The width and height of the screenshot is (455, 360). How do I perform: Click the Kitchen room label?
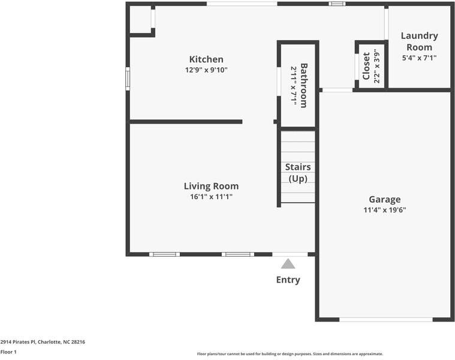pos(206,59)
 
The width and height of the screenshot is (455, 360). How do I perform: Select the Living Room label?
pos(211,186)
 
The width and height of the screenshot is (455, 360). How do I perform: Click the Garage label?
pos(384,199)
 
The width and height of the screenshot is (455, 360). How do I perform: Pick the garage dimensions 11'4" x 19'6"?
pos(384,210)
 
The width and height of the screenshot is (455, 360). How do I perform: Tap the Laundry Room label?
pos(419,41)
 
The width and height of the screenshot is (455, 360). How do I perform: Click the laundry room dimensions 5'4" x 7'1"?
pos(419,58)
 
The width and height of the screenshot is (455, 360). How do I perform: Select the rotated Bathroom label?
pos(304,85)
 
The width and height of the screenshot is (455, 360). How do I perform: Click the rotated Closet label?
pos(366,66)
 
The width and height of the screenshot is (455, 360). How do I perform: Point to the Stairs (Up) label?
pos(298,173)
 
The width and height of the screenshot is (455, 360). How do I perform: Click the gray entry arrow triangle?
pos(288,263)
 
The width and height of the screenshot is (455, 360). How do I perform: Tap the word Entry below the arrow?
pos(288,280)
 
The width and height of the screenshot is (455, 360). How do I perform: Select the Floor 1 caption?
pos(8,352)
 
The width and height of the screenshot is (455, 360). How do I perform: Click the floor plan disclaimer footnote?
pos(290,354)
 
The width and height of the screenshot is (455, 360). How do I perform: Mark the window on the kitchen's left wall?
pos(127,79)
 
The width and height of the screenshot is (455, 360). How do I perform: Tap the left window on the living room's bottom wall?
pos(164,254)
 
